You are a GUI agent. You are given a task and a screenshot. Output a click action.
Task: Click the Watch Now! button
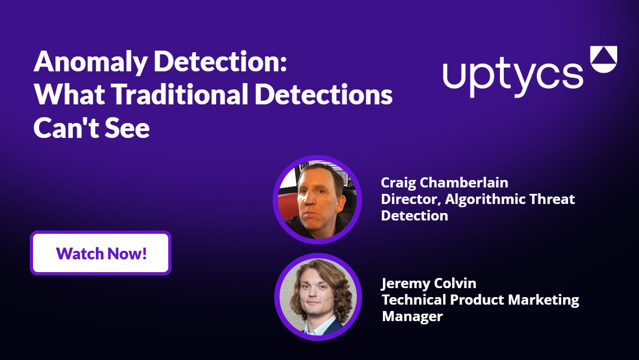point(101,253)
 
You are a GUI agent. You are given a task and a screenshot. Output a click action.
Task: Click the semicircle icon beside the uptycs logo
point(603,59)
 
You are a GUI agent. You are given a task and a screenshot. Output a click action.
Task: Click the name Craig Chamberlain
point(444,183)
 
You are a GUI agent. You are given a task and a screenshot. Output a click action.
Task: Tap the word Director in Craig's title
point(405,199)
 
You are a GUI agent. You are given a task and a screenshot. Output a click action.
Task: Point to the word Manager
point(412,316)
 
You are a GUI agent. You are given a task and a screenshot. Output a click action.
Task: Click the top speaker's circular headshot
point(317,200)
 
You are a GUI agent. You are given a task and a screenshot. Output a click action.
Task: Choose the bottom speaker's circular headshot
point(318,297)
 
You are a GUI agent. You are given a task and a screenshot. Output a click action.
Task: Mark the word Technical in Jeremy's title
point(414,299)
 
